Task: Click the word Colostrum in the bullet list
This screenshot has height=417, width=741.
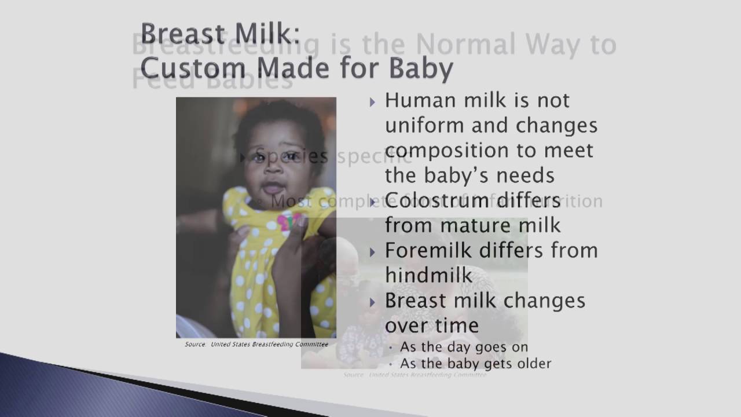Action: [442, 201]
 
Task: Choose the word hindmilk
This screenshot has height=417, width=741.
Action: [428, 275]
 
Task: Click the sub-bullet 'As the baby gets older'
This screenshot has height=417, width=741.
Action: [475, 364]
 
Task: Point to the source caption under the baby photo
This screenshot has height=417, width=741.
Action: [256, 344]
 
